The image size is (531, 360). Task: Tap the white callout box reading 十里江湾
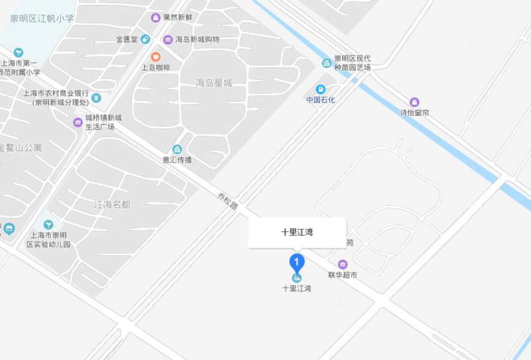pyautogui.click(x=297, y=232)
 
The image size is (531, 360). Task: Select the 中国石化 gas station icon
pyautogui.click(x=320, y=89)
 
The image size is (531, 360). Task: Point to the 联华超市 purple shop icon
pyautogui.click(x=343, y=264)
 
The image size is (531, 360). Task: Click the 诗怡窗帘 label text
pyautogui.click(x=414, y=113)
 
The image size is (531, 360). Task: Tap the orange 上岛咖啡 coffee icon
pyautogui.click(x=155, y=57)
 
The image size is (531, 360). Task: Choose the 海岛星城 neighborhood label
pyautogui.click(x=214, y=83)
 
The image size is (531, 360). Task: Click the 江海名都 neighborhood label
pyautogui.click(x=112, y=205)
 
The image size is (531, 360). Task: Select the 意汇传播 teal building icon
pyautogui.click(x=177, y=149)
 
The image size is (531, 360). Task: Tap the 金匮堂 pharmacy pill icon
pyautogui.click(x=145, y=39)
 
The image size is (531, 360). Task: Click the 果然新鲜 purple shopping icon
pyautogui.click(x=155, y=18)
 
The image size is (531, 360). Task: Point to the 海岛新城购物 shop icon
pyautogui.click(x=168, y=39)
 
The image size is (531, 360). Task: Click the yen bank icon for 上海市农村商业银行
pyautogui.click(x=96, y=98)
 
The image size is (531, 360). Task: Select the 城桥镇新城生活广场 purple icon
pyautogui.click(x=78, y=122)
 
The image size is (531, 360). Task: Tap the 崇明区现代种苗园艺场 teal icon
pyautogui.click(x=327, y=63)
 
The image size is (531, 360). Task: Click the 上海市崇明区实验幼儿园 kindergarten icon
pyautogui.click(x=48, y=225)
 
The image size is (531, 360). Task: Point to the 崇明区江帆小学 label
pyautogui.click(x=42, y=18)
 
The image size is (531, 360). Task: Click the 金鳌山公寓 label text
pyautogui.click(x=21, y=148)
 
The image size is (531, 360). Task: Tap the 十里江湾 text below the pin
pyautogui.click(x=296, y=288)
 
